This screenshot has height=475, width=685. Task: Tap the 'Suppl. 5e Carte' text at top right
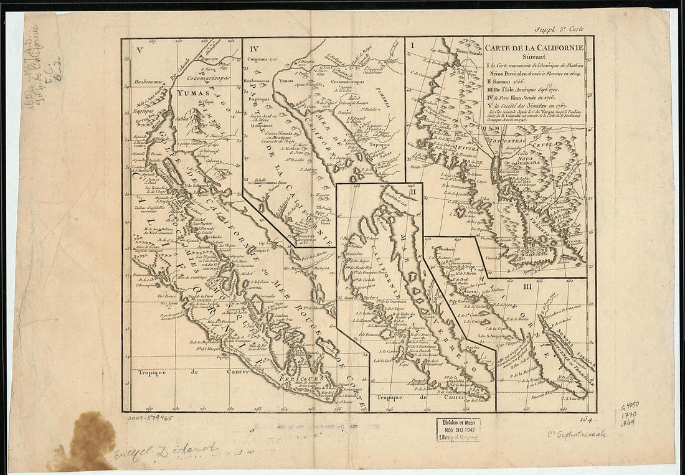(559, 27)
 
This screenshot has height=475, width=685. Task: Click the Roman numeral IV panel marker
(253, 49)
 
